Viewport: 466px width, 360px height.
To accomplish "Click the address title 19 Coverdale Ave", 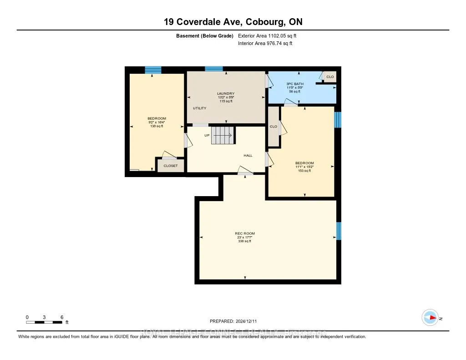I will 233,22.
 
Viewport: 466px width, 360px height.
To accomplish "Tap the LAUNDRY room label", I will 225,94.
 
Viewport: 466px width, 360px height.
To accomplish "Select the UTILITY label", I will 200,108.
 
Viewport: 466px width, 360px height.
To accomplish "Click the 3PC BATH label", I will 294,84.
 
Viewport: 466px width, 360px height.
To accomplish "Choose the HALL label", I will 248,155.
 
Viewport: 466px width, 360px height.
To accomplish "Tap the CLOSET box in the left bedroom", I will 171,166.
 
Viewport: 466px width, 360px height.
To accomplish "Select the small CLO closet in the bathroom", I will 330,77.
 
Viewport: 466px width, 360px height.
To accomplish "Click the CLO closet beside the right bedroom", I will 274,127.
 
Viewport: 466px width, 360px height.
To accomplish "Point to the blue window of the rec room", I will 339,231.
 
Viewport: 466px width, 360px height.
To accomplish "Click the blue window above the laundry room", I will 213,69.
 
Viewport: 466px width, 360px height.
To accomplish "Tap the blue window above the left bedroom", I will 153,70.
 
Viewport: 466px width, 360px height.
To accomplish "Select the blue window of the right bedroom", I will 337,120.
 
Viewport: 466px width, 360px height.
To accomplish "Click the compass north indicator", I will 430,318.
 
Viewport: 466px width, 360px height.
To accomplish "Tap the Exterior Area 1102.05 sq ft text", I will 267,35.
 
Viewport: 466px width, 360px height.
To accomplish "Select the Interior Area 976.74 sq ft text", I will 265,44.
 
